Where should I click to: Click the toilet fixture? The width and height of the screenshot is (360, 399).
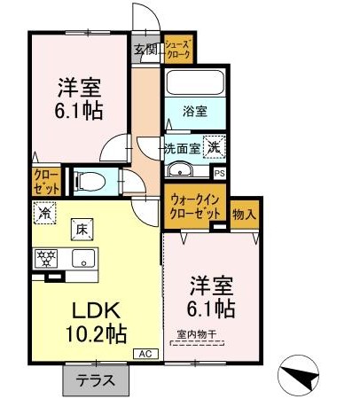pyautogui.click(x=90, y=182)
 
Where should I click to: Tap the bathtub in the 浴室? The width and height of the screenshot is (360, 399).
pyautogui.click(x=195, y=82)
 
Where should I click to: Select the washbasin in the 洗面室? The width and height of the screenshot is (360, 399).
pyautogui.click(x=180, y=170)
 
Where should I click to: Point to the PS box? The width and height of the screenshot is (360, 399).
pyautogui.click(x=219, y=174)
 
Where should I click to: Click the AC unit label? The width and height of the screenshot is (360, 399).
pyautogui.click(x=145, y=354)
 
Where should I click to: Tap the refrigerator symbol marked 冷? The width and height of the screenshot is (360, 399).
pyautogui.click(x=44, y=213)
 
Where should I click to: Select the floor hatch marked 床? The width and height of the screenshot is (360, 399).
pyautogui.click(x=82, y=230)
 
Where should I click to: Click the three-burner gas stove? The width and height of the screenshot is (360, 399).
pyautogui.click(x=46, y=258)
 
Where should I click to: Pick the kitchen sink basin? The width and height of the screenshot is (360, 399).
pyautogui.click(x=84, y=258)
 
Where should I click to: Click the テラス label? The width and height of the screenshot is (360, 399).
pyautogui.click(x=96, y=379)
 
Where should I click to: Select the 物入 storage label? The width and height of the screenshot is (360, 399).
pyautogui.click(x=244, y=214)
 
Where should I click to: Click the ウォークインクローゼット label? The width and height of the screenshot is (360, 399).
pyautogui.click(x=195, y=207)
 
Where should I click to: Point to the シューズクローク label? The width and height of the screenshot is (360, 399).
pyautogui.click(x=178, y=50)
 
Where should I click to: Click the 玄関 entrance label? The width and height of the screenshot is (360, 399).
pyautogui.click(x=146, y=50)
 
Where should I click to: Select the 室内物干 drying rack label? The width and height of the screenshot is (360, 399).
pyautogui.click(x=197, y=334)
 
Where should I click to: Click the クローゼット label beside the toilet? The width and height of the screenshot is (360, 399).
pyautogui.click(x=47, y=182)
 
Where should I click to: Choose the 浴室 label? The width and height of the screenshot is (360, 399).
pyautogui.click(x=195, y=112)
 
